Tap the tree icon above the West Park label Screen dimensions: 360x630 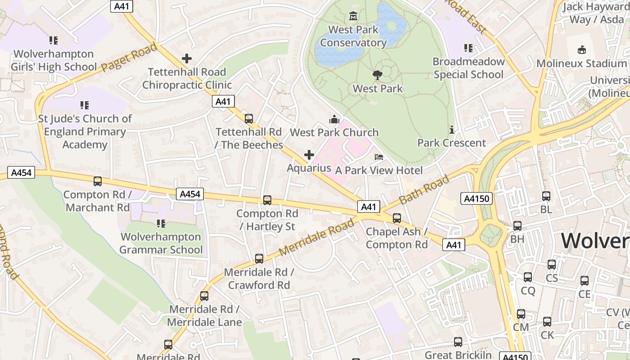point(378,75)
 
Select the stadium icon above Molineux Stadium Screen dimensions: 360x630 point(582,49)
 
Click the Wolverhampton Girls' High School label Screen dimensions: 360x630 point(54,60)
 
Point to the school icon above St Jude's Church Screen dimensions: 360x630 point(85,105)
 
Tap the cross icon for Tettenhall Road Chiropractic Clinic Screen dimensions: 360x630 point(187,58)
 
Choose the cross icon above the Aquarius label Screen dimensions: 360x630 point(309,155)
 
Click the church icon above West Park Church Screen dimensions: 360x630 point(334,119)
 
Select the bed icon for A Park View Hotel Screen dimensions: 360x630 point(379,157)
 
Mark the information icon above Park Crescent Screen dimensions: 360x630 point(452,130)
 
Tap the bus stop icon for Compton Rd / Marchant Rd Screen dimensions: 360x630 point(98,181)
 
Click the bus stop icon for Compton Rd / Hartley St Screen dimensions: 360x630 point(267,200)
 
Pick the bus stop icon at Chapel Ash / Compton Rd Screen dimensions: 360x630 point(397,218)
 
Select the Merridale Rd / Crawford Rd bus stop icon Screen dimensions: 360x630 point(259,259)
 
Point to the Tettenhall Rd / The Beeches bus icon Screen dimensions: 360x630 point(249,119)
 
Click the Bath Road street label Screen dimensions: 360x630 point(424,190)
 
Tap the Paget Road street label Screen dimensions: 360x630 point(129,57)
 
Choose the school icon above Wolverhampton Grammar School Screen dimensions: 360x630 point(161,224)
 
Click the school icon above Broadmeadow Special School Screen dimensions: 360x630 point(468,48)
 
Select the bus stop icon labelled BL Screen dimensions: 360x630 point(546,196)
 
